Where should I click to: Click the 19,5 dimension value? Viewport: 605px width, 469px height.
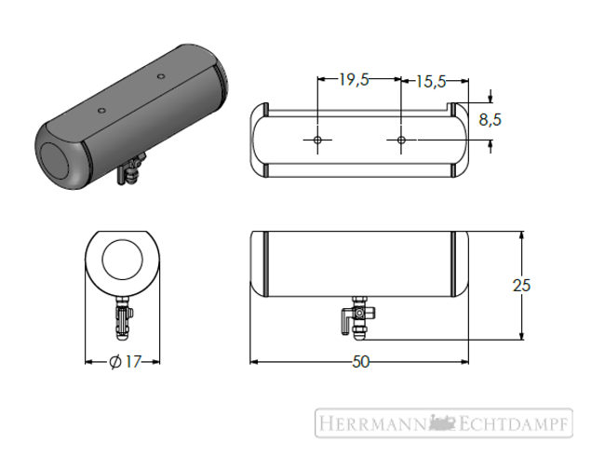354,80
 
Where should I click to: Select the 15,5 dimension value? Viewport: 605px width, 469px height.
430,81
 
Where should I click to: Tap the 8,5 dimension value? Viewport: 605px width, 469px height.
490,119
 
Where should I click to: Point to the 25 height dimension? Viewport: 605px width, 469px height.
521,286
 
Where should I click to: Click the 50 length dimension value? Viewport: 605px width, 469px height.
361,362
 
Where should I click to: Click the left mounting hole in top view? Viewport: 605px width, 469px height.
317,140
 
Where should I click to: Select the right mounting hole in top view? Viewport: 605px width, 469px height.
401,140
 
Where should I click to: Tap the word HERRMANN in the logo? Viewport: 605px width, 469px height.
372,423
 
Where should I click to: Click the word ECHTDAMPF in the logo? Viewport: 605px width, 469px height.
514,423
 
